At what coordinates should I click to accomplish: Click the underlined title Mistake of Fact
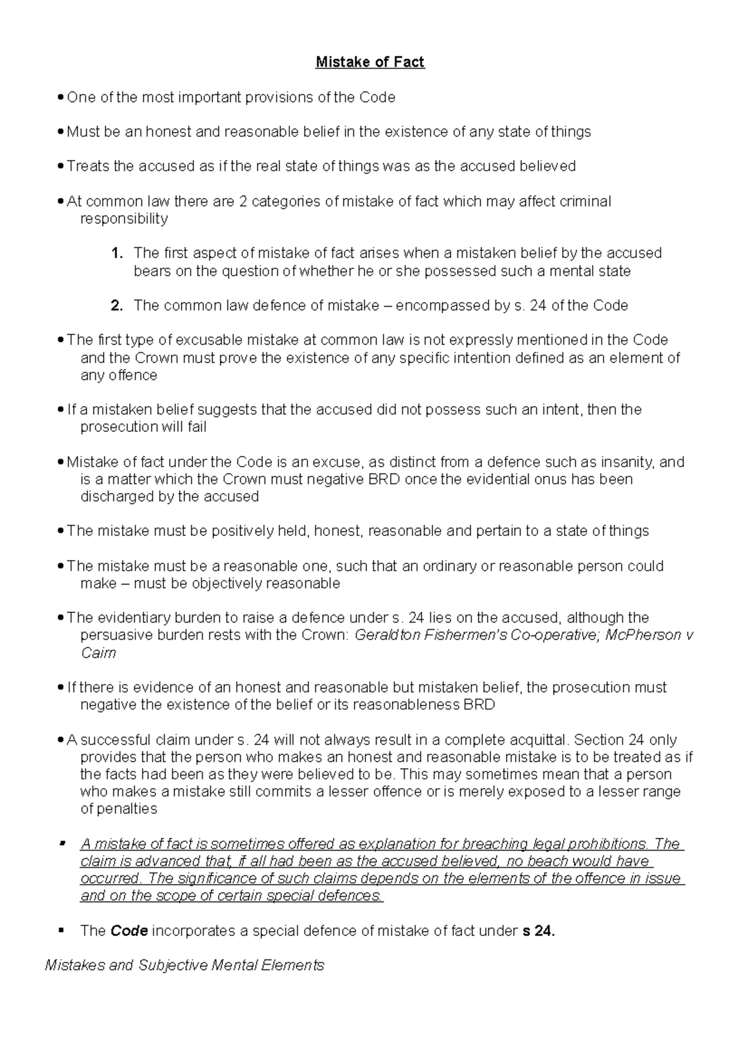370,62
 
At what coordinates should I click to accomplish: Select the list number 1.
115,253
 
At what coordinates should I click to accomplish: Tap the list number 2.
116,305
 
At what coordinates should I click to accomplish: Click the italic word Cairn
98,652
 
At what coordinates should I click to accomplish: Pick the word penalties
127,809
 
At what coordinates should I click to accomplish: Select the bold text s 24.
537,931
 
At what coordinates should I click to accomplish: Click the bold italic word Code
129,931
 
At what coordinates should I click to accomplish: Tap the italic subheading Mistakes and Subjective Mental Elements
185,965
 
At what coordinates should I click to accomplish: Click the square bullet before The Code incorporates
61,930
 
